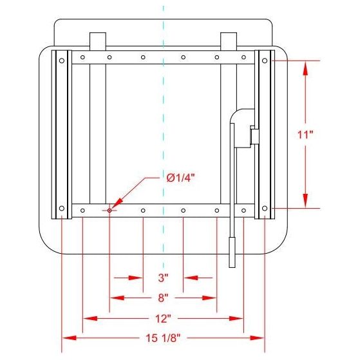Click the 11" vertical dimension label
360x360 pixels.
(x=305, y=135)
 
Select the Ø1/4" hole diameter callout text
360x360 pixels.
(x=181, y=178)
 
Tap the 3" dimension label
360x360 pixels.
(x=163, y=278)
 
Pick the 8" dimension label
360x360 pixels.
(x=163, y=298)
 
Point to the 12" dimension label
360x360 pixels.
(x=163, y=318)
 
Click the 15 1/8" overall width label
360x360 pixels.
(x=163, y=338)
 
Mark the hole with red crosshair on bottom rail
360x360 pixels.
(x=109, y=211)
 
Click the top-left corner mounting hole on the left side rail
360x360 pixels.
(x=62, y=61)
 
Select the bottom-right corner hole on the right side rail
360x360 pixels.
(x=265, y=208)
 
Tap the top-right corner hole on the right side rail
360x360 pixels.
(x=265, y=61)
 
